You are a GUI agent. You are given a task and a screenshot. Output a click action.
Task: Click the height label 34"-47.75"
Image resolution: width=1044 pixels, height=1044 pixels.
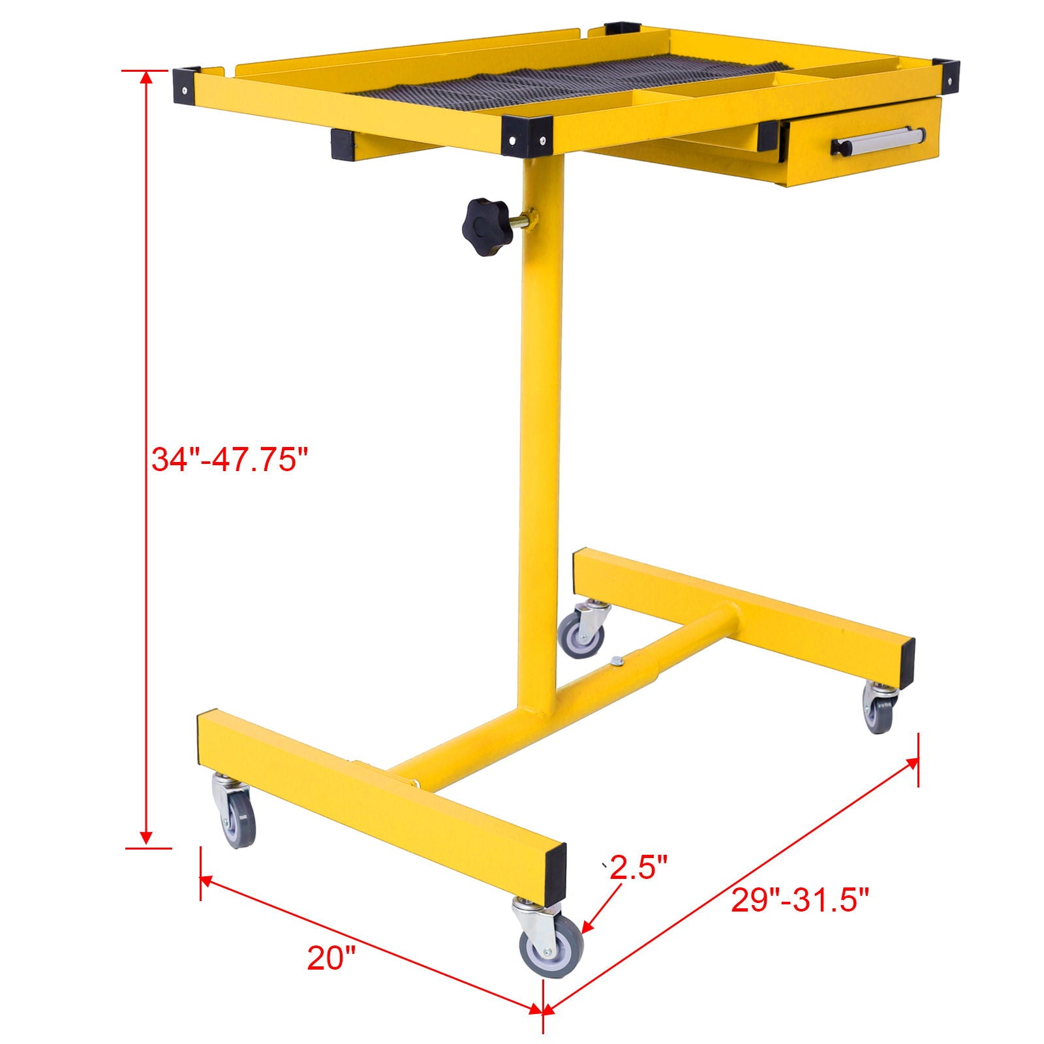pyautogui.click(x=229, y=459)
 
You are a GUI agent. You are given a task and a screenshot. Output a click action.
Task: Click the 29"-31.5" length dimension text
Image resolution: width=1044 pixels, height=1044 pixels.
pyautogui.click(x=800, y=900)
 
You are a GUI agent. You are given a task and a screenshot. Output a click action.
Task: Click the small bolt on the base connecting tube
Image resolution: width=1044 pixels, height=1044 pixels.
pyautogui.click(x=616, y=662)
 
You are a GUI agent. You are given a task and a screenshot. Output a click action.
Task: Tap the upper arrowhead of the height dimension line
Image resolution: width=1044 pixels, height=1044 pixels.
pyautogui.click(x=146, y=78)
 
